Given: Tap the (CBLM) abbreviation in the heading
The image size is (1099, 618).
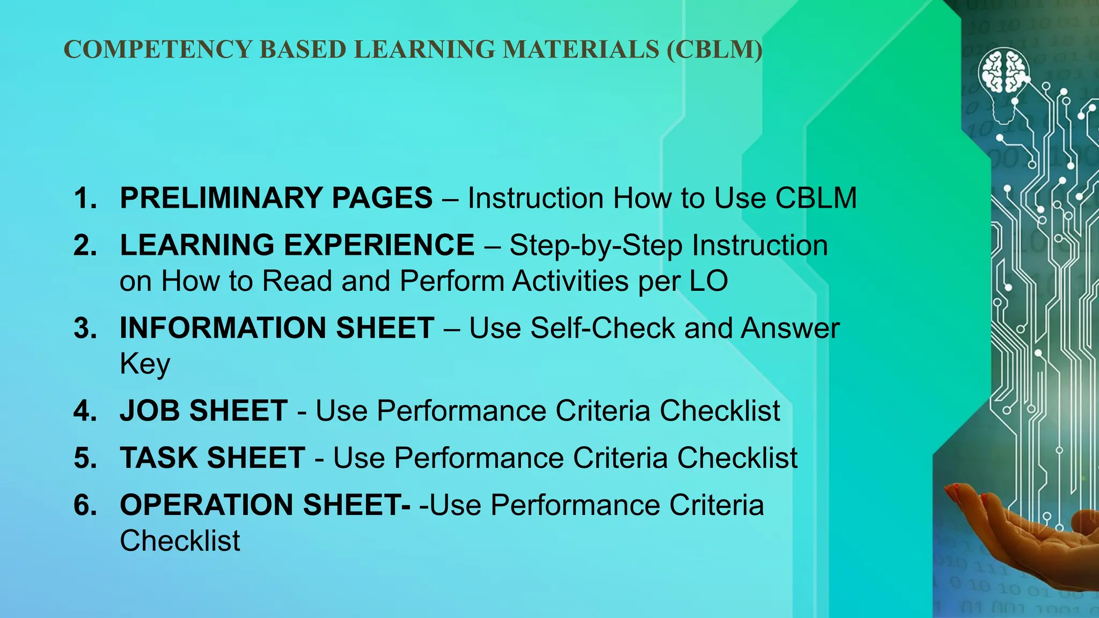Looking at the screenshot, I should [714, 50].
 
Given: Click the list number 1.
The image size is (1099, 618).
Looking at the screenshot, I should [85, 198].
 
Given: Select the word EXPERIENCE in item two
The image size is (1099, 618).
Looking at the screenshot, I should [379, 245].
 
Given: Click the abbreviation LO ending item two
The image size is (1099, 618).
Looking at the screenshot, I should [708, 281].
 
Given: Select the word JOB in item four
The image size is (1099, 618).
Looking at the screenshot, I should [150, 411].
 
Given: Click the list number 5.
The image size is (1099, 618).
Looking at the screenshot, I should [85, 459].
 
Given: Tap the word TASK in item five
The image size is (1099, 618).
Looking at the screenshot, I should [158, 458].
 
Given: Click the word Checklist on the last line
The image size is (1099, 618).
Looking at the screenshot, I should [180, 541].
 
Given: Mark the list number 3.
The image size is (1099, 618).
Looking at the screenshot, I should [85, 328].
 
